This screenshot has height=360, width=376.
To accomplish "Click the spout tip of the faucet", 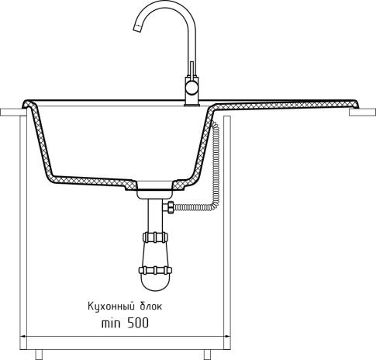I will click(135, 31).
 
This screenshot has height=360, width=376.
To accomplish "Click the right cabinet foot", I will click(205, 355).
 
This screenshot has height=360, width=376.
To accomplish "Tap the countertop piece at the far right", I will click(361, 113).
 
